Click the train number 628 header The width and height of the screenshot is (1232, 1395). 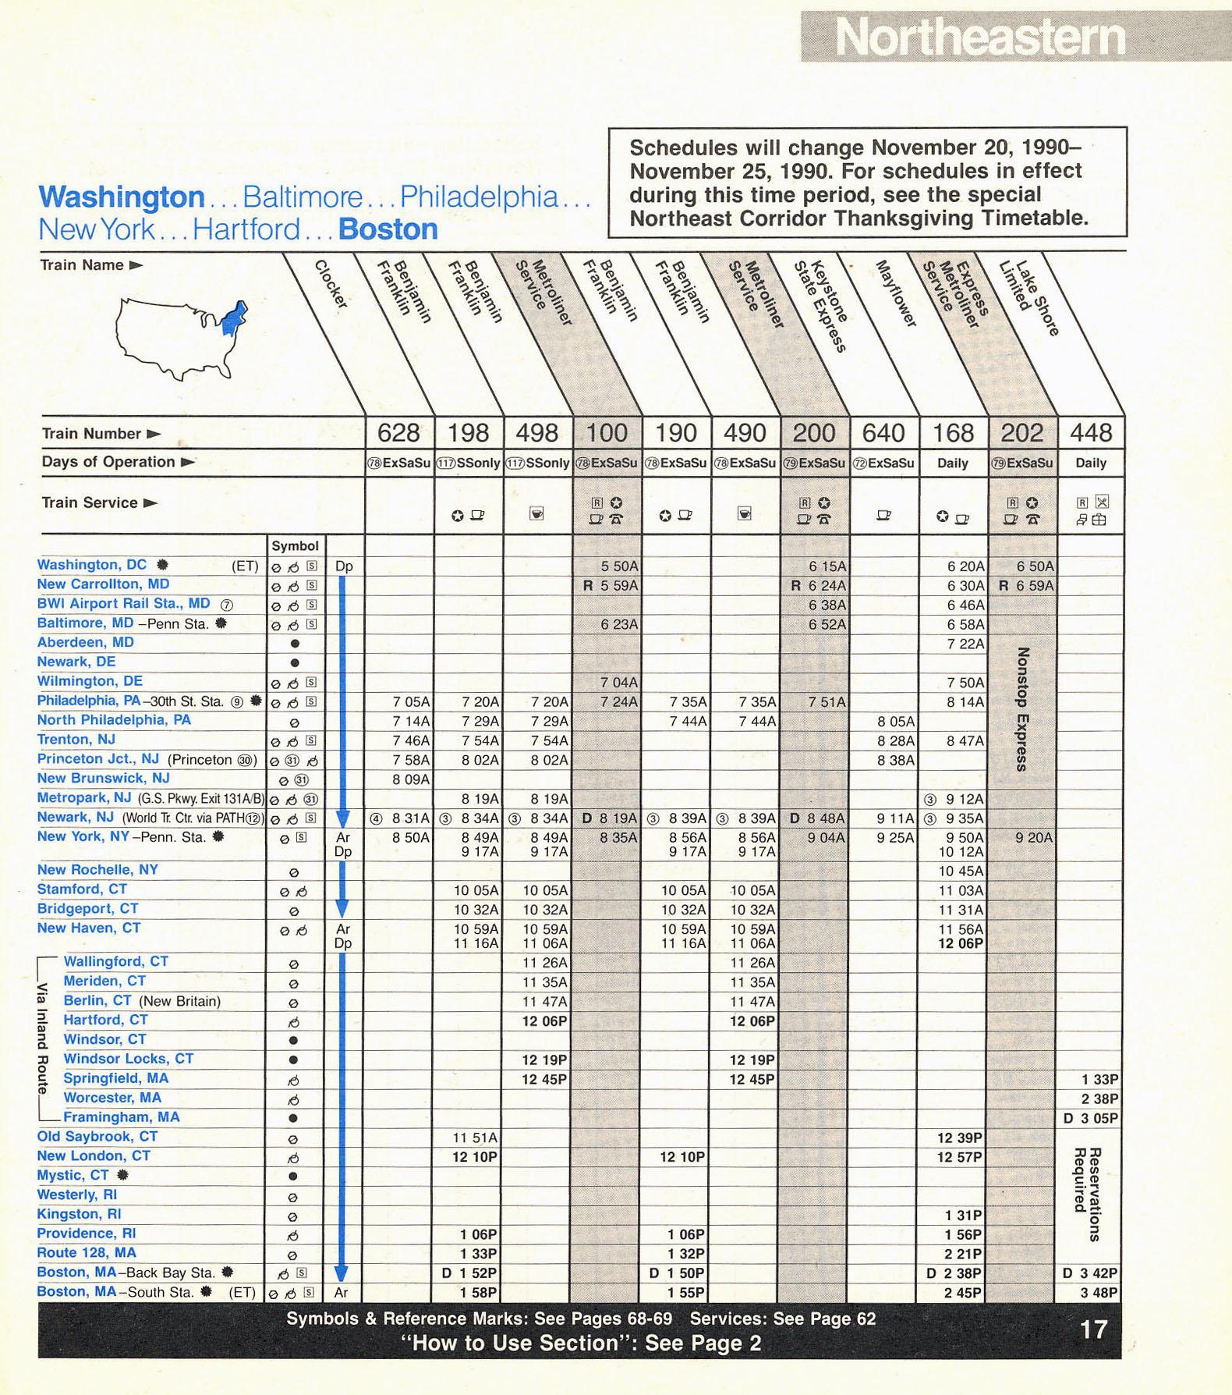(x=398, y=433)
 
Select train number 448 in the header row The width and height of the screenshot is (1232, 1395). (x=1091, y=433)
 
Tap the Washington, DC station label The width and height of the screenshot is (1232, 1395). (x=92, y=565)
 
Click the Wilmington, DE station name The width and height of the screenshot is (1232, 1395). (x=90, y=681)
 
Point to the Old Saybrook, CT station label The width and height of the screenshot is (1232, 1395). (x=97, y=1137)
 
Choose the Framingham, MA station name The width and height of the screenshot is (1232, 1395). (x=121, y=1117)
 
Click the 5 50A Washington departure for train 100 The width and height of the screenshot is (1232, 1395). (x=619, y=566)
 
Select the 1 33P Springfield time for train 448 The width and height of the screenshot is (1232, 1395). (x=1099, y=1080)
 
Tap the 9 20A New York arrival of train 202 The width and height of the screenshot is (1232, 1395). (x=1034, y=838)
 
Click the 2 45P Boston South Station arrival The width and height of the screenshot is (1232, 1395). (x=964, y=1293)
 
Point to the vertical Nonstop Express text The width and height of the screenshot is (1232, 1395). (x=1023, y=708)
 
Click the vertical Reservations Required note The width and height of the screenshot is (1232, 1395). (x=1088, y=1194)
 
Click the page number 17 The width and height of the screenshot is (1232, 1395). (x=1093, y=1329)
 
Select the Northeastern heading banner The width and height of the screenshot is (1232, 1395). (x=981, y=37)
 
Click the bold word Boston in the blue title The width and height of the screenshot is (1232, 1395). (x=388, y=229)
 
